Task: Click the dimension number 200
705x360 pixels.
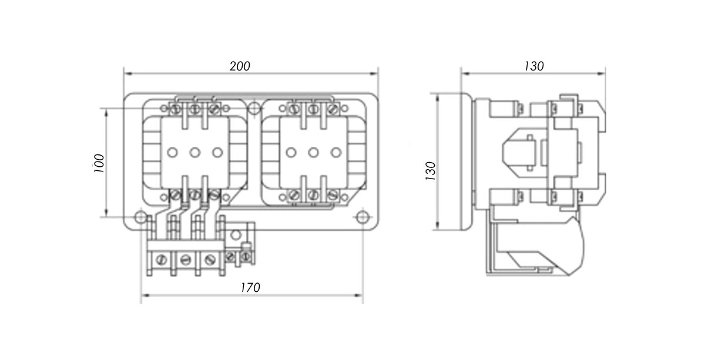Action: point(240,66)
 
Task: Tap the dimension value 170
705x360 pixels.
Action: point(250,288)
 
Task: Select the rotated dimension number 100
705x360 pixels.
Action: point(99,163)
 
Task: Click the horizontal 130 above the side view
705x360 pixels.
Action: point(533,66)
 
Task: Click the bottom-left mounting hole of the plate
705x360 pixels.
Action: point(140,217)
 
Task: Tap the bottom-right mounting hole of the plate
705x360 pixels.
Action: point(362,217)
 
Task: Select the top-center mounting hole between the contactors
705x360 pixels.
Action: point(253,109)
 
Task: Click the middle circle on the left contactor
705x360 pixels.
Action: point(194,153)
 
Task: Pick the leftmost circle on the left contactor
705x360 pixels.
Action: point(172,153)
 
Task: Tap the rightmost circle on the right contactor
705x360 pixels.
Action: point(335,153)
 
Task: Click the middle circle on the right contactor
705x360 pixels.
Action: point(313,153)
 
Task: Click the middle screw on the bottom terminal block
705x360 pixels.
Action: point(185,259)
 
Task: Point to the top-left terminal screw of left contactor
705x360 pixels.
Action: point(175,109)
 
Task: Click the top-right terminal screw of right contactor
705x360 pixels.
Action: point(332,109)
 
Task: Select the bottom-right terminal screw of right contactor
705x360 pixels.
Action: point(332,194)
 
